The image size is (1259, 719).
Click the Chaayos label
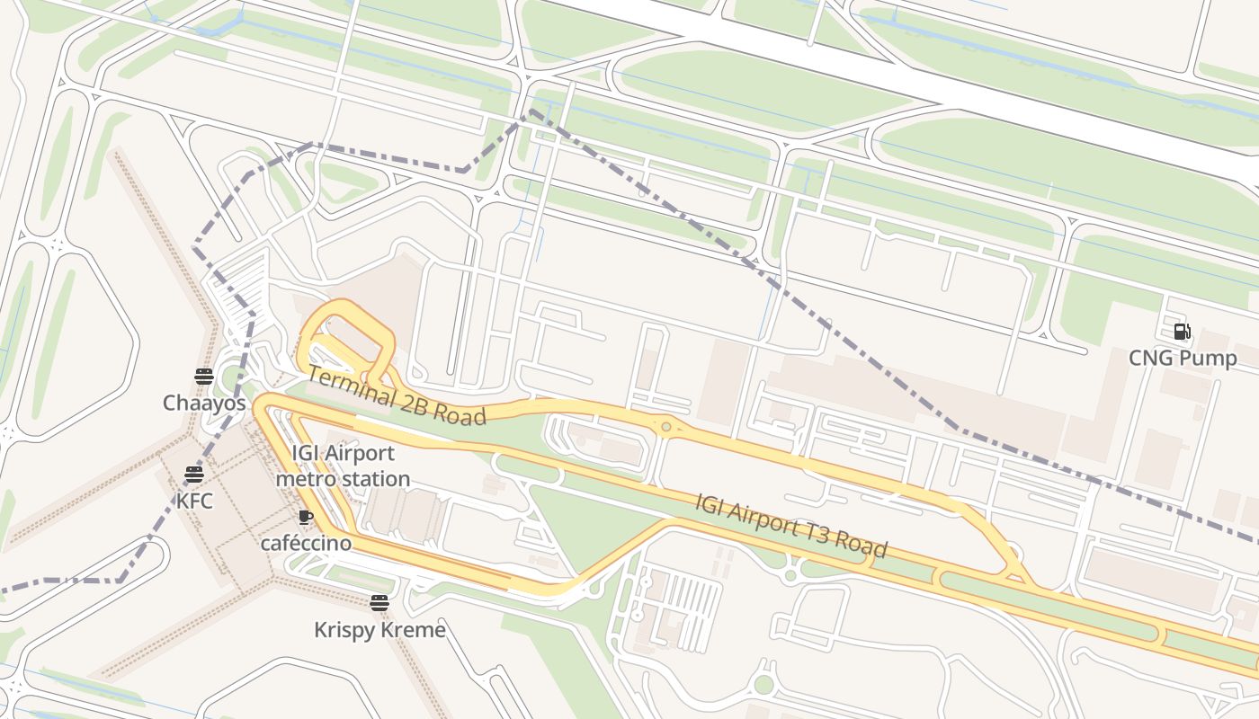tap(204, 404)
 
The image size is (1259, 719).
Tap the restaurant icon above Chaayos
tap(204, 377)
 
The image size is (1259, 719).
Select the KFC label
tap(194, 501)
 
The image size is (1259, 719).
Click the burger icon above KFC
tap(194, 474)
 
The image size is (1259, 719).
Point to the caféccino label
tap(306, 543)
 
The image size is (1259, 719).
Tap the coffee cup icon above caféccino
tap(306, 517)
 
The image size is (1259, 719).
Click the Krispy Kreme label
tap(379, 630)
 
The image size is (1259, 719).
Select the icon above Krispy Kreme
tap(379, 603)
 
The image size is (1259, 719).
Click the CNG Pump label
tap(1183, 359)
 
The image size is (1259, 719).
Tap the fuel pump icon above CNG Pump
tap(1183, 332)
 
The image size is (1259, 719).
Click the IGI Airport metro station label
tap(343, 466)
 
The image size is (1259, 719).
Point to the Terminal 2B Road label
tap(397, 396)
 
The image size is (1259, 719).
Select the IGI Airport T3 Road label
tap(791, 525)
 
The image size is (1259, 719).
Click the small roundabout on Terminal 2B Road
tap(666, 427)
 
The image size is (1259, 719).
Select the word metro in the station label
tap(305, 479)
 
